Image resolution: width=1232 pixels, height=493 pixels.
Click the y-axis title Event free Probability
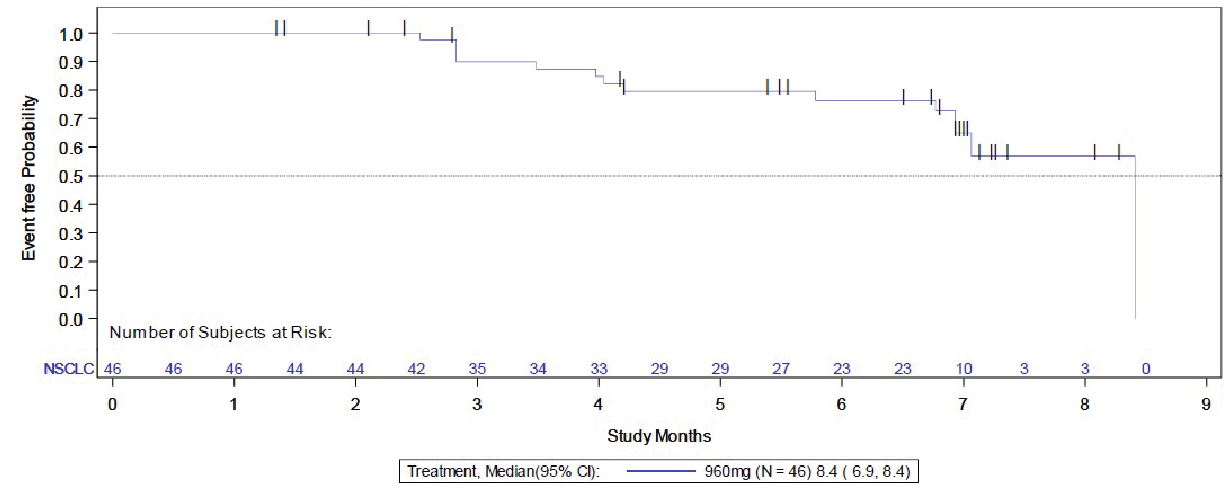29,178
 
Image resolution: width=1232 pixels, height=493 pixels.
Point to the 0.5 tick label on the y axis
71,176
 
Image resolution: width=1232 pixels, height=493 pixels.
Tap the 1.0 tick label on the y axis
71,34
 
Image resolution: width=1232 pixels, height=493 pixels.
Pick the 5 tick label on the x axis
720,404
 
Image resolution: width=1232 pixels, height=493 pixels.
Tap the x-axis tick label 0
113,404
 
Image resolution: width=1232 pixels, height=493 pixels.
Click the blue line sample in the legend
660,471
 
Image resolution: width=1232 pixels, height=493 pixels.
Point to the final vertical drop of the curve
1135,239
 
